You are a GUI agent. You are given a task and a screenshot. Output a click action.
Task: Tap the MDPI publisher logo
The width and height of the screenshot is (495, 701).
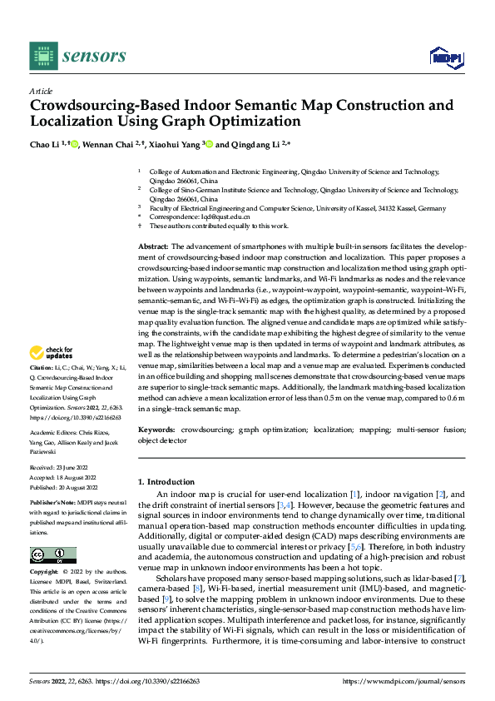(444, 57)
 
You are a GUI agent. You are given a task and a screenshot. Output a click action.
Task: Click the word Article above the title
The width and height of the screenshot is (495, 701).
(41, 91)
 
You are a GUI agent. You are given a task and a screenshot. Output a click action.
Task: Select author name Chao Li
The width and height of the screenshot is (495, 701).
(44, 144)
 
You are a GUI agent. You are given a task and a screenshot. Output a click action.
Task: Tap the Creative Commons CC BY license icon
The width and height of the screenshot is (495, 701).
(52, 555)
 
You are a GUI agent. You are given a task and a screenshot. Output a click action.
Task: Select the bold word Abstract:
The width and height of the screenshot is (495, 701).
(153, 247)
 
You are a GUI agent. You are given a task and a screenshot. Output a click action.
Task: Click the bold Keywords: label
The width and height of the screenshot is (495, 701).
(156, 430)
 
